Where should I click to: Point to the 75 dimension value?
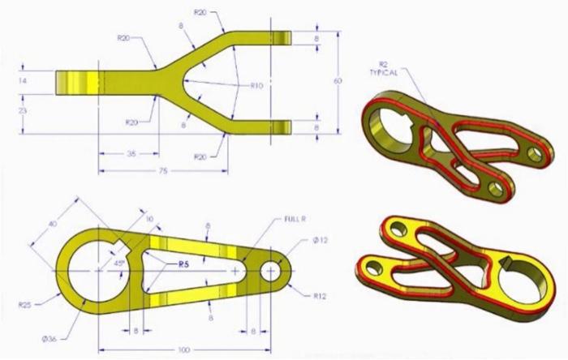[162, 170]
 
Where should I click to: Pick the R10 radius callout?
[257, 84]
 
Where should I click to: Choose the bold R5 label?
[186, 264]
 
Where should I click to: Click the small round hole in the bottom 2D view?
[270, 270]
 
